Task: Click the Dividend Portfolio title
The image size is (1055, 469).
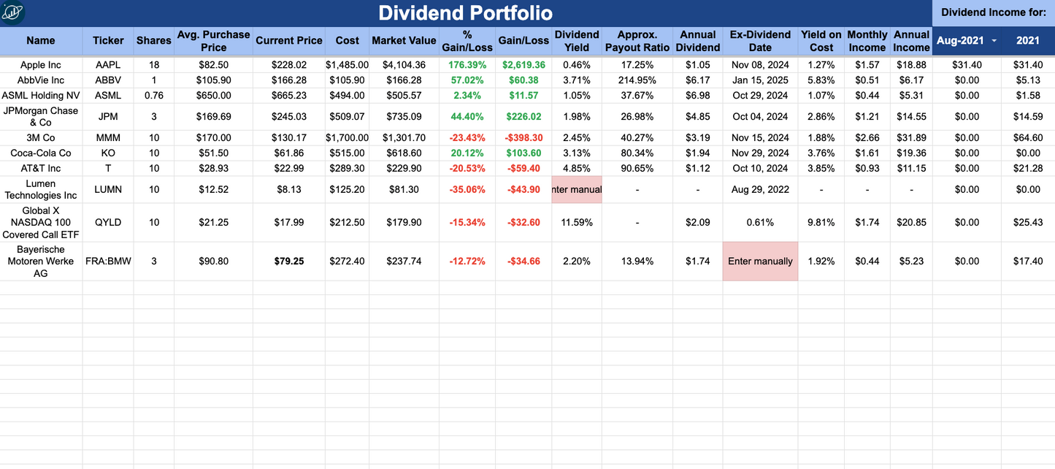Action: pyautogui.click(x=465, y=13)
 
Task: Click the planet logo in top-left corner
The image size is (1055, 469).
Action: pyautogui.click(x=12, y=12)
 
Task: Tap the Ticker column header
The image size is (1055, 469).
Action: pyautogui.click(x=108, y=41)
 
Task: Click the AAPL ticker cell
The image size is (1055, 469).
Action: pyautogui.click(x=108, y=65)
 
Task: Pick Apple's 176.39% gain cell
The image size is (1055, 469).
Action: pyautogui.click(x=467, y=65)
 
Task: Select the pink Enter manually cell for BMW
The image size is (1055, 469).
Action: pyautogui.click(x=760, y=261)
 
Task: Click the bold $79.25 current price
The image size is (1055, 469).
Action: pyautogui.click(x=289, y=261)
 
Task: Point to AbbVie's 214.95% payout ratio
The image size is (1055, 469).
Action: pyautogui.click(x=637, y=80)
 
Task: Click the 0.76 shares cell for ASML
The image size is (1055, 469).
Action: pyautogui.click(x=154, y=96)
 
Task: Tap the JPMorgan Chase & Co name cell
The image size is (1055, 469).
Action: pyautogui.click(x=41, y=117)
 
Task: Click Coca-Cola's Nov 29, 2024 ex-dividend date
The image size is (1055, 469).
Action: pyautogui.click(x=760, y=153)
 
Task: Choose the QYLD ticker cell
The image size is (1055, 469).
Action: pyautogui.click(x=108, y=223)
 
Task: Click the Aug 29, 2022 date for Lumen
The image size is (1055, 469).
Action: pyautogui.click(x=760, y=190)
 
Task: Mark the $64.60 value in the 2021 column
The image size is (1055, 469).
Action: pyautogui.click(x=1028, y=138)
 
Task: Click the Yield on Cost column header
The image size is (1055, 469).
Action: pyautogui.click(x=821, y=41)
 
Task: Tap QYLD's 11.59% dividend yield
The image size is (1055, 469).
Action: pyautogui.click(x=577, y=223)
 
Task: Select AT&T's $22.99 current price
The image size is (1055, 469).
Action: pyautogui.click(x=289, y=169)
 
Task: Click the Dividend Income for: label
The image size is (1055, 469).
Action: pyautogui.click(x=994, y=12)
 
